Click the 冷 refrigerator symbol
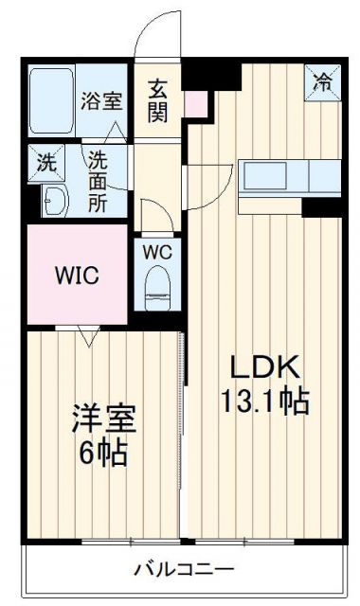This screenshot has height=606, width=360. click(323, 81)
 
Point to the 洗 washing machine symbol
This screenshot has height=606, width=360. click(45, 162)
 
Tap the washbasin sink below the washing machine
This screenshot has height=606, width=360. click(54, 201)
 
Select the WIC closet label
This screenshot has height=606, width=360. click(76, 276)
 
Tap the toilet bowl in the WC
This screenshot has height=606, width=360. click(157, 288)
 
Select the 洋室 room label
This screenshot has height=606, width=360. click(101, 416)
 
